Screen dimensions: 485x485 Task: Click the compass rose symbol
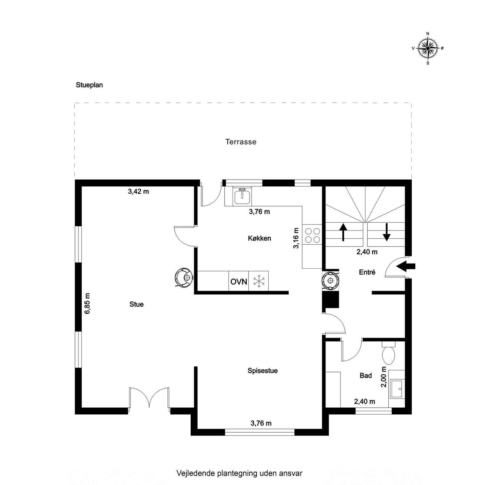428,48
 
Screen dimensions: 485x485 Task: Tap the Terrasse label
241,142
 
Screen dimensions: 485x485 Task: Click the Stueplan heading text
89,85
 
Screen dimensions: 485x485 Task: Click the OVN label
239,281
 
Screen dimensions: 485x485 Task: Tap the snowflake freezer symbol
259,281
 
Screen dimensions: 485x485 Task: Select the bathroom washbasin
397,389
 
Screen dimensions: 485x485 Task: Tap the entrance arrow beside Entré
406,266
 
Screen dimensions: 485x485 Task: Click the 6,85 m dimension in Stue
88,303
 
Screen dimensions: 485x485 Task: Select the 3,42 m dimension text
139,191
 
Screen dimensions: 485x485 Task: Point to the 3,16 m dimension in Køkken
296,238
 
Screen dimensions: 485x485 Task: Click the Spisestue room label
263,371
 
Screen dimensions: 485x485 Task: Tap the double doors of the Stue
149,397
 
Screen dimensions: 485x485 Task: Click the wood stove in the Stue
184,277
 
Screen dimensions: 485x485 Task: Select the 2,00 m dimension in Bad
384,377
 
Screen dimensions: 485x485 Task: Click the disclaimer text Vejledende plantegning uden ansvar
239,473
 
